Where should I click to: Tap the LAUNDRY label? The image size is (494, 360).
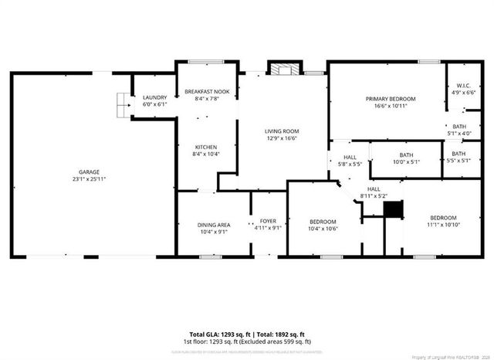pos(155,97)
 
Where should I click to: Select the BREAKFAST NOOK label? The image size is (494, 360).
pos(206,92)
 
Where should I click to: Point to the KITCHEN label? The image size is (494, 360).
pos(205,147)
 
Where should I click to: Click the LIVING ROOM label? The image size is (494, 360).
pos(282,131)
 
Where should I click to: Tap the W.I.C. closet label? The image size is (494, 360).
pos(464,85)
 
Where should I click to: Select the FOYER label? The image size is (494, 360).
pos(267,222)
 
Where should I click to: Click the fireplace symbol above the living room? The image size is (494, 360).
pos(286,68)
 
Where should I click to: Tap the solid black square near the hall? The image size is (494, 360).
pos(394,210)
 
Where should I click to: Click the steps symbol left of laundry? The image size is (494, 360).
pos(123,103)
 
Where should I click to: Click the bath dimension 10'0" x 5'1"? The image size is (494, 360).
pos(406,162)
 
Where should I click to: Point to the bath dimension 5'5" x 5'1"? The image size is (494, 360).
pos(458,162)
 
